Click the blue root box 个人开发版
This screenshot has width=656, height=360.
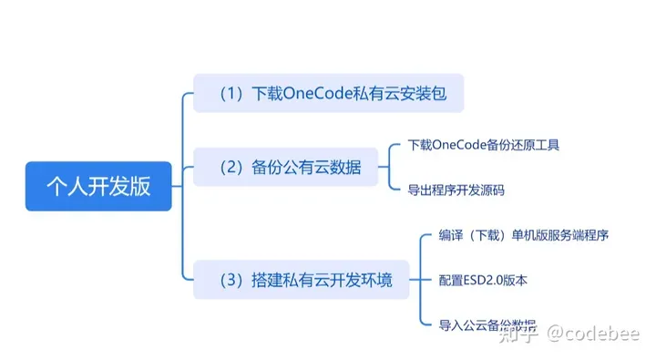[x=98, y=186]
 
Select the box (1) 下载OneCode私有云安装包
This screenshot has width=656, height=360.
[x=329, y=93]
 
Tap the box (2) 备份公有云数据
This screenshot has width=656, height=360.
[x=285, y=168]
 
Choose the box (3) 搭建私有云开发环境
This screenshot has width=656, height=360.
[x=301, y=280]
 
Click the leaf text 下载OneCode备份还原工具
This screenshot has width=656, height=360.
[x=483, y=145]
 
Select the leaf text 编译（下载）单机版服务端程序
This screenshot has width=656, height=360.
[x=523, y=235]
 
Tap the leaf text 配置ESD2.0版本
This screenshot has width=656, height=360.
[x=482, y=280]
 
